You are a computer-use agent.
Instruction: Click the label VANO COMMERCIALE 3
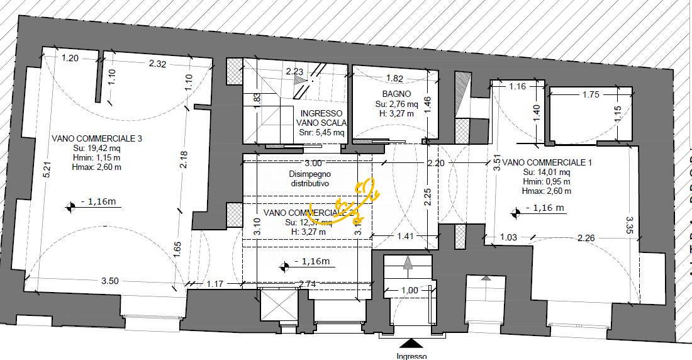[87, 138]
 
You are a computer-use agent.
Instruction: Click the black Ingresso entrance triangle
[412, 343]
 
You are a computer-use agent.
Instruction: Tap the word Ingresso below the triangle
[412, 356]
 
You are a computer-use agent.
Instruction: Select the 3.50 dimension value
[110, 281]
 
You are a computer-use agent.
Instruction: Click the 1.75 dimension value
[591, 94]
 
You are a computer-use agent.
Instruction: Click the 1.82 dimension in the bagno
[394, 79]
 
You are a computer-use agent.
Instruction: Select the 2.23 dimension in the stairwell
[294, 72]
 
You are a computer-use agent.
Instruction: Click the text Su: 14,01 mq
[546, 172]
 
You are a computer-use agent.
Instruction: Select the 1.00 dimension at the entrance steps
[409, 290]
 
